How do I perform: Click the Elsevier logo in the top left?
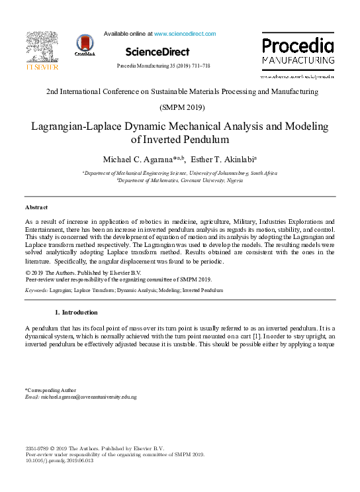click(42, 51)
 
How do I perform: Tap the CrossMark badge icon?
click(85, 45)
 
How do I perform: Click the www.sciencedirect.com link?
click(185, 34)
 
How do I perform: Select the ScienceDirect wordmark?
click(157, 52)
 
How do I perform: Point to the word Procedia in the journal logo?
click(298, 46)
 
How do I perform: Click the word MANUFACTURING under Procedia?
click(298, 60)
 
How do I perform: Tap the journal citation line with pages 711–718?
click(163, 67)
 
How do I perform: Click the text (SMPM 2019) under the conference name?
click(182, 107)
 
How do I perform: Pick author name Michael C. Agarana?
click(138, 160)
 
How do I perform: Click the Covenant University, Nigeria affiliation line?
click(179, 179)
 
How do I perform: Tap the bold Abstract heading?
click(36, 208)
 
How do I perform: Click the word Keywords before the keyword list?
click(36, 290)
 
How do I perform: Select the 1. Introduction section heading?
click(76, 313)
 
